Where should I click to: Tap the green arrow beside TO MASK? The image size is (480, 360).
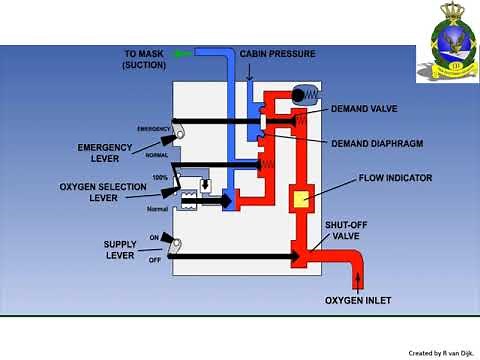point(181,52)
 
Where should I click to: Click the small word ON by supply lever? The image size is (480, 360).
point(155,236)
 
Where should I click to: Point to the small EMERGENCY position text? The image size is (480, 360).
point(155,128)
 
